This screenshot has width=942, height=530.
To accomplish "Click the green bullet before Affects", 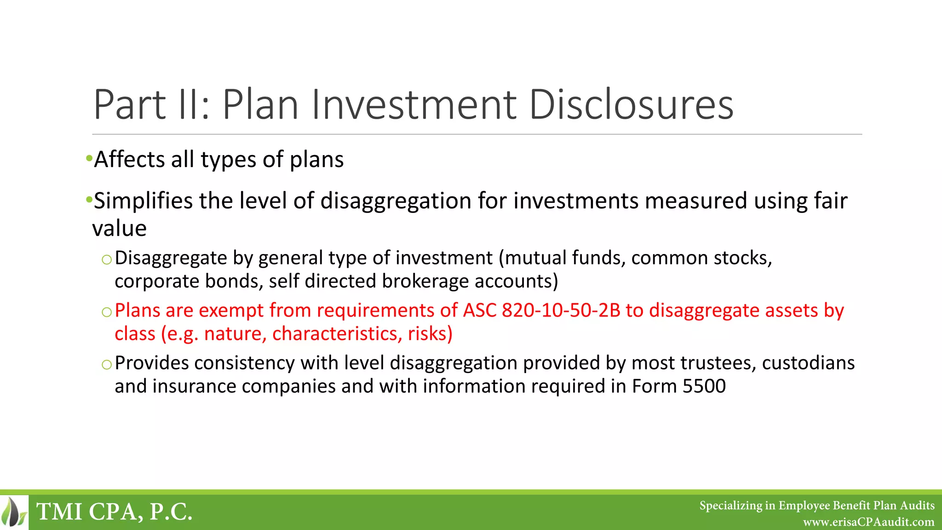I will [88, 159].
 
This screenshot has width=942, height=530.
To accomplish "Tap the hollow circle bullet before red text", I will [107, 312].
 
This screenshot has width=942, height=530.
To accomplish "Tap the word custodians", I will [808, 363].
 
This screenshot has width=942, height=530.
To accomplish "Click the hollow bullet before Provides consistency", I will [107, 365].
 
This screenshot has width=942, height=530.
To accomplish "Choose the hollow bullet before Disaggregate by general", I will [107, 260].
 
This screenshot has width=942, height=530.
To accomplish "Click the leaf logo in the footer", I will [14, 512].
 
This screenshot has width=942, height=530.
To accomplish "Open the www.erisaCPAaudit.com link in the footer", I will [868, 522].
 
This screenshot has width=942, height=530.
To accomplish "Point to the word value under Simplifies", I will [120, 229].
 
